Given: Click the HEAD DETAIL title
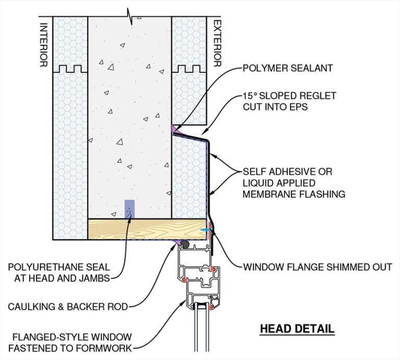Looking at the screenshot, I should click(x=297, y=329).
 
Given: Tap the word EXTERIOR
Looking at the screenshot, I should click(x=218, y=45).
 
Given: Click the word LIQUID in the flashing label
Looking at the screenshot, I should click(x=257, y=183).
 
